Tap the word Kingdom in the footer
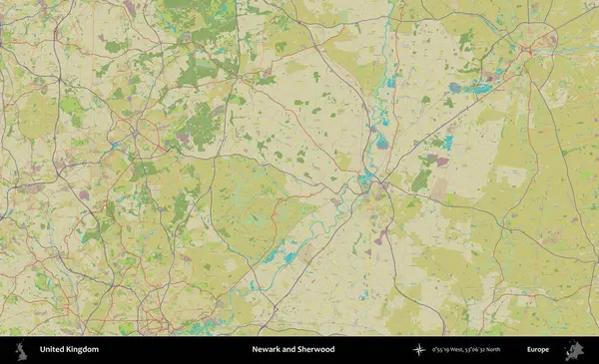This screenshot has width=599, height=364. pos(83,350)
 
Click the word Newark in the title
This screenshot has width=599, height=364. pos(268,350)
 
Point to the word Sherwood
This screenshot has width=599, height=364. pos(315,350)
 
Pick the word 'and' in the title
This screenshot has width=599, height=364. pos(290,350)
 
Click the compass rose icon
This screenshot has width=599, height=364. pos(419,350)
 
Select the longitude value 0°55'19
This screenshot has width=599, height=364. pos(443,350)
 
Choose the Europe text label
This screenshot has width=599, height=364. pos(538,350)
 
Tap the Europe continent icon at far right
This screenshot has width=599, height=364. pos(573,350)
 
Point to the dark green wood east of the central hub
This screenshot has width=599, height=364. pos(422,180)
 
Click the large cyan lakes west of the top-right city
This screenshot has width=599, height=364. pos(479,89)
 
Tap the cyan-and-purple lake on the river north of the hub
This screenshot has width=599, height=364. pos(382,143)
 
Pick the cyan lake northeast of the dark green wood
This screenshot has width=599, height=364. pos(446,143)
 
